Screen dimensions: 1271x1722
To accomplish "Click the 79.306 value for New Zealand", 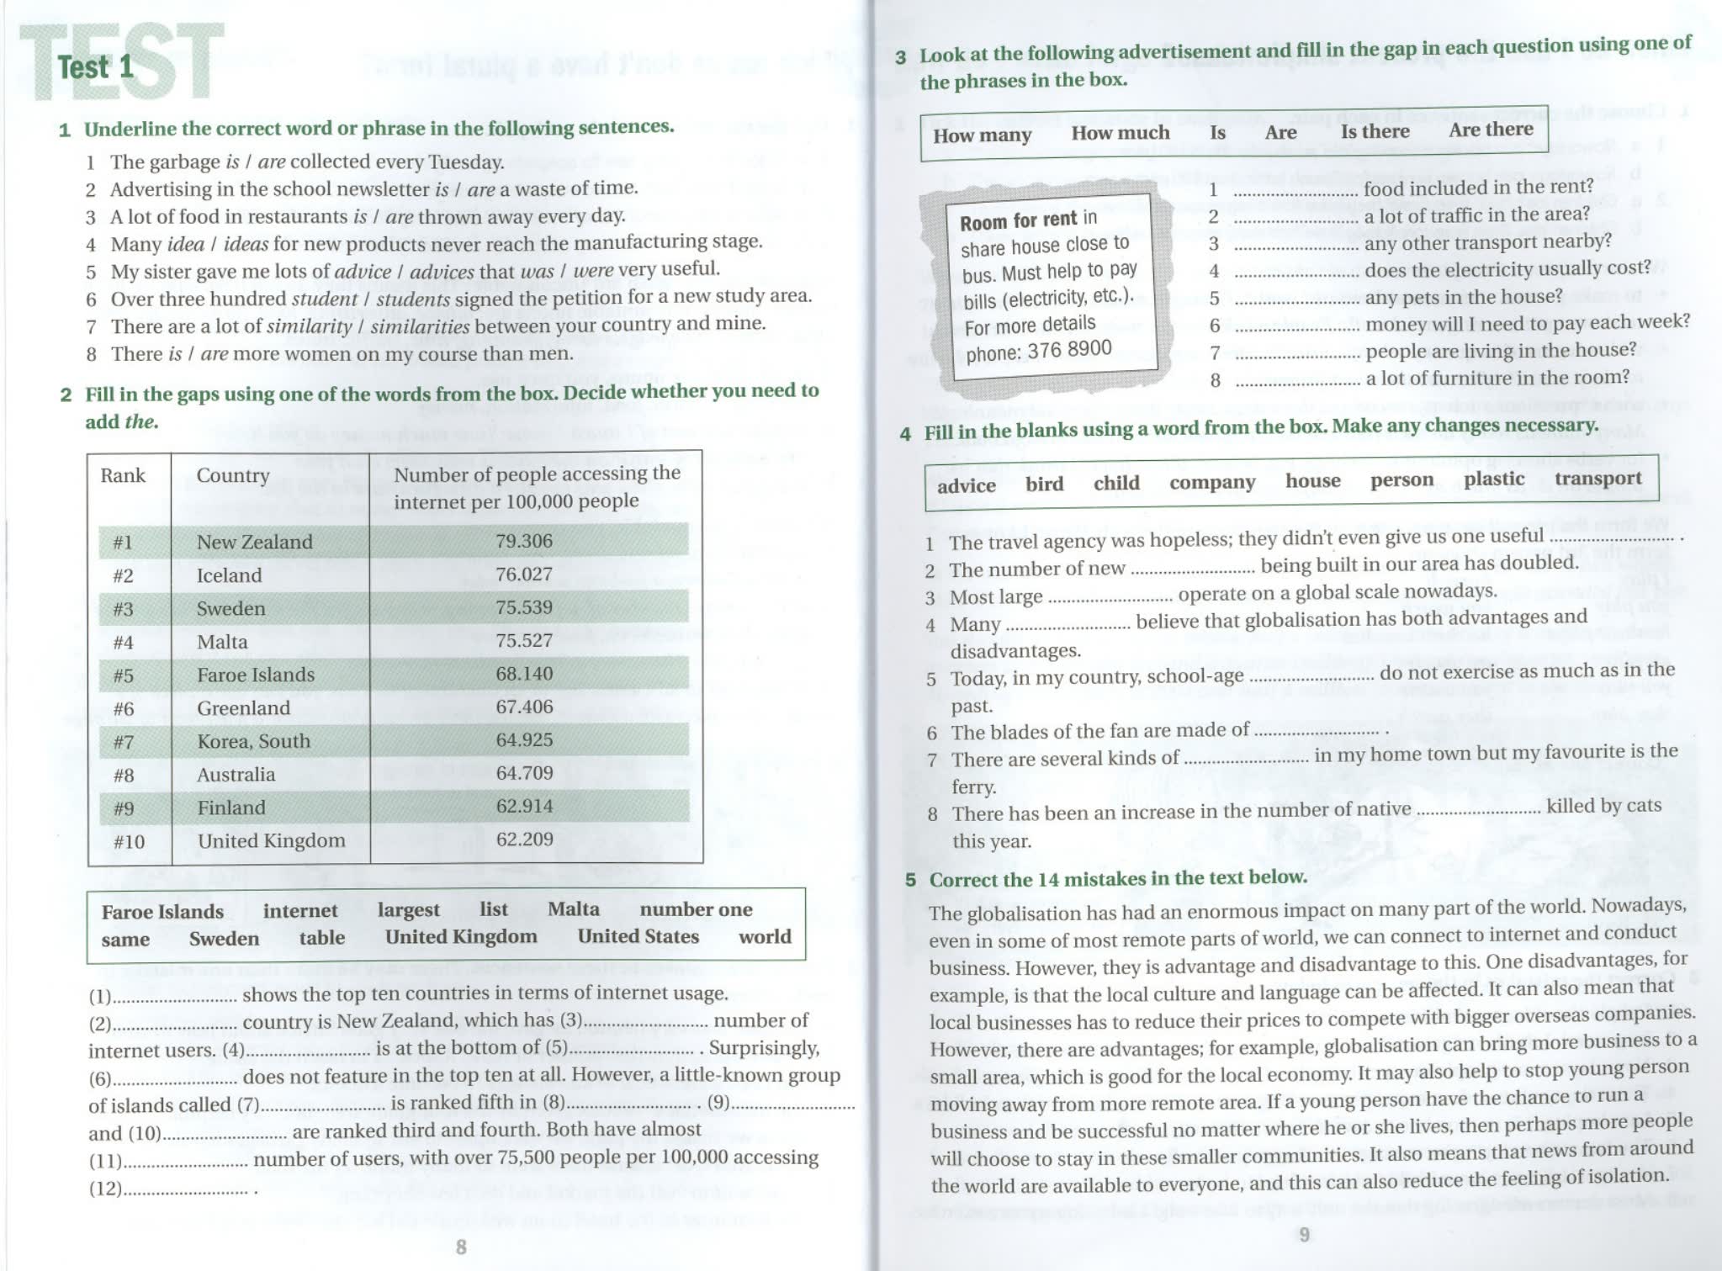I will (x=524, y=540).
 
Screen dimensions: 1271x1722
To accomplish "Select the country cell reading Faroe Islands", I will (x=256, y=675).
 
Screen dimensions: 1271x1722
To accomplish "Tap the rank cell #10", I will (x=129, y=841).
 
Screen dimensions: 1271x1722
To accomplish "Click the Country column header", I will (x=233, y=475).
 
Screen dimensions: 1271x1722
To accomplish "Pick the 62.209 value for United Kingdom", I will (x=524, y=839).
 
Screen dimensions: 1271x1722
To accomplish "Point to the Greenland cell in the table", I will (x=243, y=708).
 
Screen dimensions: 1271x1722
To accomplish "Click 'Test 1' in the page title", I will (x=96, y=66).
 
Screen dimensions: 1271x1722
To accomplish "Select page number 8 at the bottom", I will (x=461, y=1247).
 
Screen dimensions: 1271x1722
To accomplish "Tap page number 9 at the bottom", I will (x=1305, y=1234).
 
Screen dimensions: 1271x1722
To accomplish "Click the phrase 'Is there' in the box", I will (x=1375, y=131).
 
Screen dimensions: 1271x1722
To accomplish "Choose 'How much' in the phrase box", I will (x=1120, y=133).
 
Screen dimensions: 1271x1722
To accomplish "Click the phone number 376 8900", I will (x=1075, y=349).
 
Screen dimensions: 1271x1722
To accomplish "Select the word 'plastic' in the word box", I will (x=1493, y=479).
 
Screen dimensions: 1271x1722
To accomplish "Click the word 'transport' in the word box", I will (x=1597, y=479).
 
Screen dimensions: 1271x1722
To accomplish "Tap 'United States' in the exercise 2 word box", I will (x=638, y=936).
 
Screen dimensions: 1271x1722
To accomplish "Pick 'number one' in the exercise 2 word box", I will (x=696, y=909).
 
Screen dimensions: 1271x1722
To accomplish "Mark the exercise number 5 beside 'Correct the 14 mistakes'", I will (x=910, y=880).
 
